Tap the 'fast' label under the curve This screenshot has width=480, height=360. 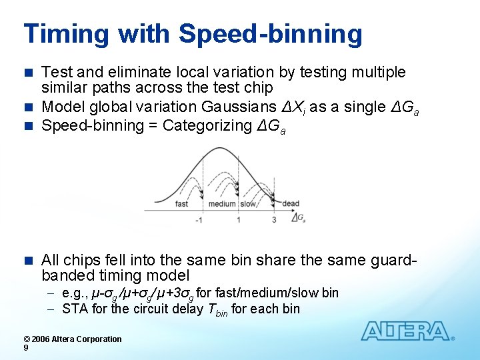pyautogui.click(x=181, y=204)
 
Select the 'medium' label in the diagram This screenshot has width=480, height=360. pyautogui.click(x=222, y=204)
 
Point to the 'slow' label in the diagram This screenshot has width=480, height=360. pyautogui.click(x=248, y=204)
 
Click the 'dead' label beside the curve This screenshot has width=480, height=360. pyautogui.click(x=291, y=204)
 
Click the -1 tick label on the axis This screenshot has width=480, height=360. pyautogui.click(x=199, y=220)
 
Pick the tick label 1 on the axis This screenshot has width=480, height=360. pyautogui.click(x=239, y=220)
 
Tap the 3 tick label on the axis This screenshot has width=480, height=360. pyautogui.click(x=274, y=220)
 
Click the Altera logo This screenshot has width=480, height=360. pyautogui.click(x=407, y=331)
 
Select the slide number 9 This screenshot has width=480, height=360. pyautogui.click(x=25, y=348)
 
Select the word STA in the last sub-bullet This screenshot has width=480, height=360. pyautogui.click(x=73, y=309)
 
